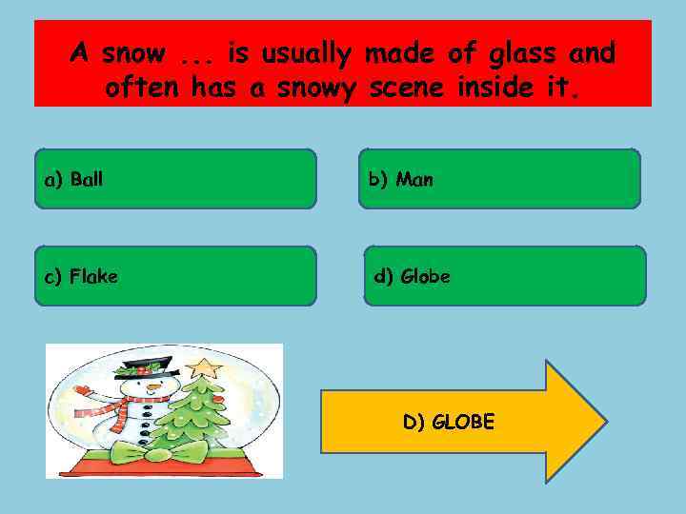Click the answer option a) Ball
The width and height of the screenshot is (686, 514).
point(175,178)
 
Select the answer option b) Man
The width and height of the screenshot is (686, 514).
point(499,178)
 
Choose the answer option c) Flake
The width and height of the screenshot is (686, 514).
point(175,276)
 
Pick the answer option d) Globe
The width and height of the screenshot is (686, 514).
point(504,276)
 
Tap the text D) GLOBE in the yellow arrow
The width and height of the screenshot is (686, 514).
point(449,422)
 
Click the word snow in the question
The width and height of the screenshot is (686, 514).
point(133,53)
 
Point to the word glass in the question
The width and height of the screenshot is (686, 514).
point(523,53)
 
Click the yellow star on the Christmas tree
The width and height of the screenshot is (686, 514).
point(203,366)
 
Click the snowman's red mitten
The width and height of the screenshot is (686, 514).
point(82,389)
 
